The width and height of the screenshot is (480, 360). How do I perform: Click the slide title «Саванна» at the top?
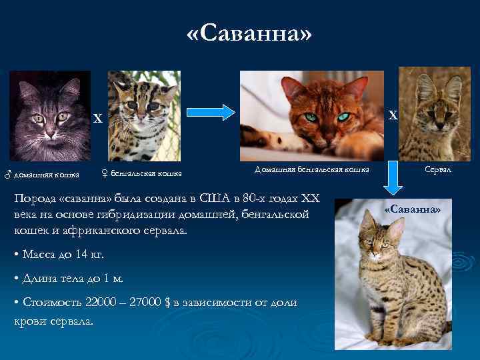coord(249,33)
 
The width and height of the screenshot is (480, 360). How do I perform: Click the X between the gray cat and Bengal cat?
coord(97,119)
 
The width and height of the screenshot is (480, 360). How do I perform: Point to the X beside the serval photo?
coord(393,115)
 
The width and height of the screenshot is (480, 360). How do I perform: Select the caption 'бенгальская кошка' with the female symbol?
coord(141,174)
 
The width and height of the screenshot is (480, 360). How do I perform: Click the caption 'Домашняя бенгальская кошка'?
coord(312,170)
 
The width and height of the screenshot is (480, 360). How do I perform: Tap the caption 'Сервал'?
coord(439,170)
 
